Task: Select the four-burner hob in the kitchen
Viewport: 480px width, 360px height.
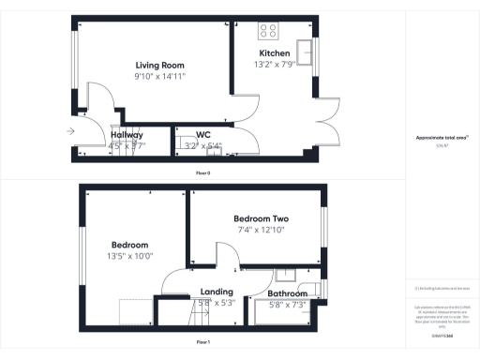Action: [267, 29]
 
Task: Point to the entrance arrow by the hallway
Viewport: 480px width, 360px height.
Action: [71, 132]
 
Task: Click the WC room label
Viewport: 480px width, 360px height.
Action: [203, 134]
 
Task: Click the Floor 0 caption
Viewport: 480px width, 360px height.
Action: [202, 173]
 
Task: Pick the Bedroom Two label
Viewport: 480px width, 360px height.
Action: [261, 219]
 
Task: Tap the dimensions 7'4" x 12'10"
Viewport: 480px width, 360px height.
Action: [261, 231]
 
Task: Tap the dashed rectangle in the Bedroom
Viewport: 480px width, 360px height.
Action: [137, 310]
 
